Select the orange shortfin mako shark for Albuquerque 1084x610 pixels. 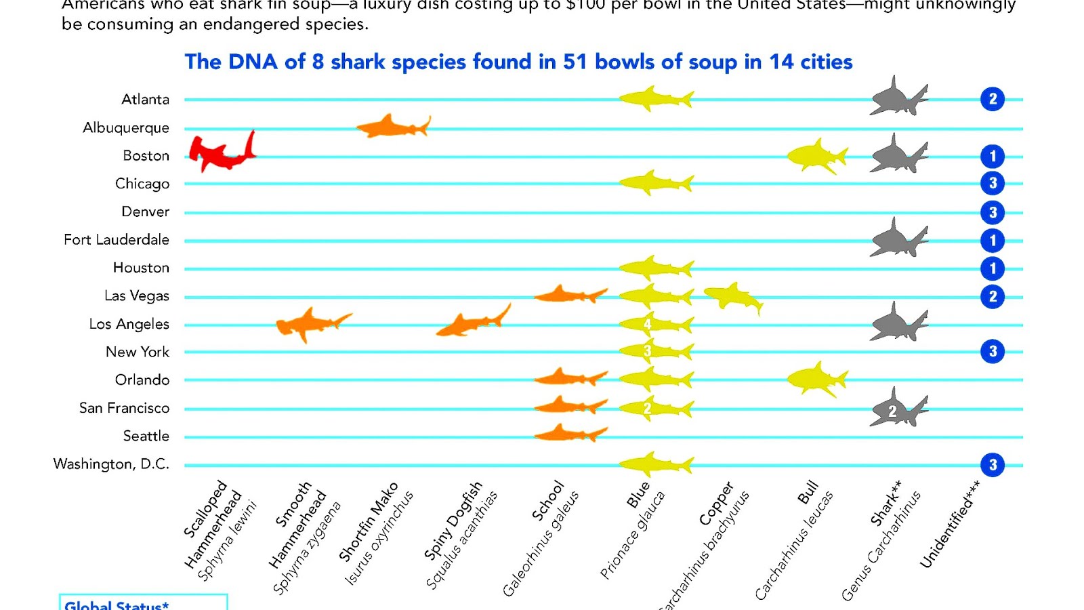tap(392, 126)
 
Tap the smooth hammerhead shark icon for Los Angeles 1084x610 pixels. tap(312, 323)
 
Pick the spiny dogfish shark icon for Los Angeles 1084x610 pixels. tap(472, 322)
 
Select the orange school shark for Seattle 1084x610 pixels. tap(569, 433)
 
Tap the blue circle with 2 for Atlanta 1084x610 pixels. tap(993, 99)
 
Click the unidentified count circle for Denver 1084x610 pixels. tap(993, 212)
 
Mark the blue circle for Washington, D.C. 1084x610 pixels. tap(993, 465)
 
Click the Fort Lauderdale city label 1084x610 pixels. tap(117, 239)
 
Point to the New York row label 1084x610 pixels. tap(138, 352)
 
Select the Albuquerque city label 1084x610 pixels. tap(126, 127)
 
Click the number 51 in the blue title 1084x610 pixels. tap(575, 62)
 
